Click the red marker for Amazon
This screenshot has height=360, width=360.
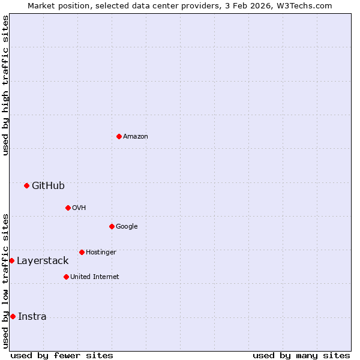pos(119,136)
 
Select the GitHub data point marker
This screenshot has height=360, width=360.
pos(26,185)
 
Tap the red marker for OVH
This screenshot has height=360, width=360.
pos(68,208)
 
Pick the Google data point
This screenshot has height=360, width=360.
pos(112,226)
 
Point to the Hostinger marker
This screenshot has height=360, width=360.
pos(82,252)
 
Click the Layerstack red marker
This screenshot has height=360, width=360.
pos(11,260)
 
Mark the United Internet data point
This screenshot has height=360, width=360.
pos(66,277)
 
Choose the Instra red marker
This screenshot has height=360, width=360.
pos(13,316)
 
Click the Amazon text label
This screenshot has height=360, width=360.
pos(136,136)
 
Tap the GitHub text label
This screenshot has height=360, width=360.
pos(48,185)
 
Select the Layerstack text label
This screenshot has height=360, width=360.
pos(43,260)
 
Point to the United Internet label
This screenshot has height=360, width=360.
pos(95,277)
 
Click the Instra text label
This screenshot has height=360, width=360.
pos(32,316)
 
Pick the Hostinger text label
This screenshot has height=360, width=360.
pos(101,252)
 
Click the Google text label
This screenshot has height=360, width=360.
pos(127,226)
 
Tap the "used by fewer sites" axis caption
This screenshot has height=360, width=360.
pos(62,355)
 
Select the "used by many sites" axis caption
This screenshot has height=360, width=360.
pos(301,355)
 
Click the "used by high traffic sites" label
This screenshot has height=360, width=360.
pos(5,85)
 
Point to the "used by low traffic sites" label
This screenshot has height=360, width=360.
pos(5,281)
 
